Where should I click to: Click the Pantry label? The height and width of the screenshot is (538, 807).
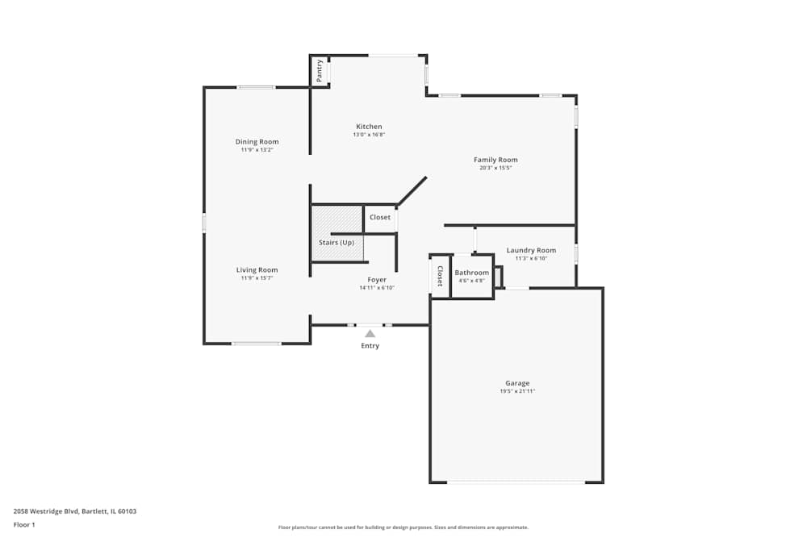tap(320, 70)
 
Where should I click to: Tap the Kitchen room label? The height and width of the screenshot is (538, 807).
tap(369, 127)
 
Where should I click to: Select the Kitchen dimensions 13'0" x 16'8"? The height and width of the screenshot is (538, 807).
tap(369, 135)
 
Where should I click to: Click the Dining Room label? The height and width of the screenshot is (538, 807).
tap(257, 142)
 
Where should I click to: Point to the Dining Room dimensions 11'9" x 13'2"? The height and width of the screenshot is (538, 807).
tap(257, 150)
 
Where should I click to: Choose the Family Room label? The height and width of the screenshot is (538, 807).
tap(495, 160)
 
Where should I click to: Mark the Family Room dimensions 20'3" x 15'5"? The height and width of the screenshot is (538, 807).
tap(495, 168)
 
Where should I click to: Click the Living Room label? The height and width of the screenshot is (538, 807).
tap(257, 270)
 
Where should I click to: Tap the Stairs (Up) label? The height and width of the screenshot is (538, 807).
tap(337, 243)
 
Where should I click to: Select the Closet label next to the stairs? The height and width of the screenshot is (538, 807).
tap(380, 218)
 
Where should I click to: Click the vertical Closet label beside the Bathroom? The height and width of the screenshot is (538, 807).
tap(440, 276)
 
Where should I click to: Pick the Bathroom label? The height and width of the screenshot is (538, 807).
tap(471, 273)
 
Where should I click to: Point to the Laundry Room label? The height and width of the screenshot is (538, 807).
tap(531, 250)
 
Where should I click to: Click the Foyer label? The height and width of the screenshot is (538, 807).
tap(377, 280)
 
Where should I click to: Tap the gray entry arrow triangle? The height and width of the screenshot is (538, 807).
tap(370, 333)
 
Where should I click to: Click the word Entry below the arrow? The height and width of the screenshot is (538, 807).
tap(370, 346)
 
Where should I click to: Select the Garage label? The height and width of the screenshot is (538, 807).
tap(517, 383)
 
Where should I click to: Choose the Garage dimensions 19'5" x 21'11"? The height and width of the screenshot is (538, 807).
tap(517, 391)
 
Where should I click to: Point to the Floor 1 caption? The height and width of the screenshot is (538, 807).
tap(25, 524)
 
